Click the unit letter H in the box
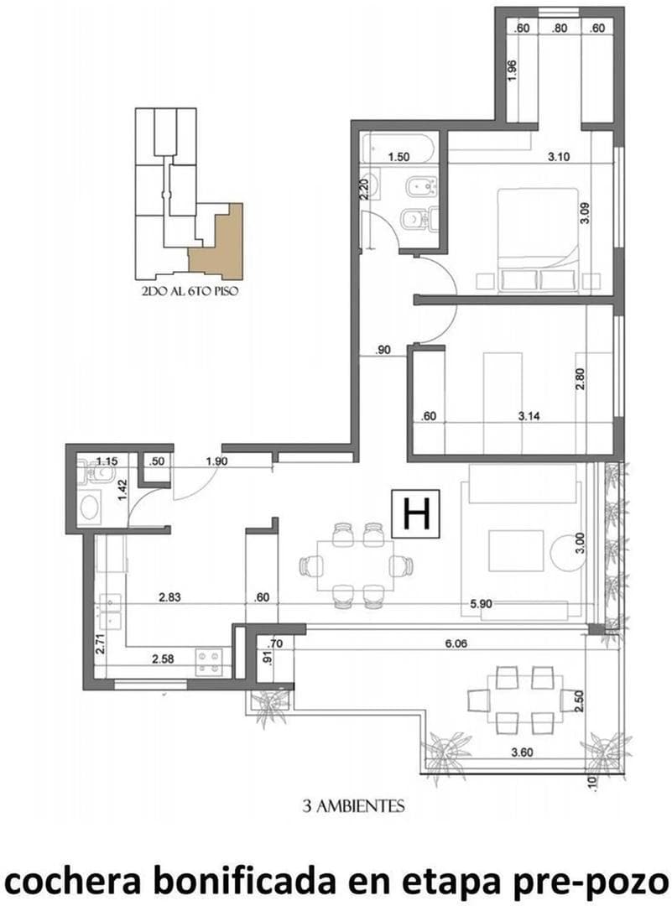click(417, 513)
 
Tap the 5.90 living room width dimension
click(481, 604)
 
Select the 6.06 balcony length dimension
click(456, 643)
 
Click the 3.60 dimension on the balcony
click(522, 752)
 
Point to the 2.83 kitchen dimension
click(169, 597)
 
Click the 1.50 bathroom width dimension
click(399, 157)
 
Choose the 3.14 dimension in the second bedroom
click(529, 415)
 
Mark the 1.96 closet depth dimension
click(513, 70)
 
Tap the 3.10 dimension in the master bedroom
click(559, 156)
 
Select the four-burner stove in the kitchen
click(209, 662)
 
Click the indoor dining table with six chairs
click(355, 565)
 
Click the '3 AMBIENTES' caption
click(354, 806)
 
